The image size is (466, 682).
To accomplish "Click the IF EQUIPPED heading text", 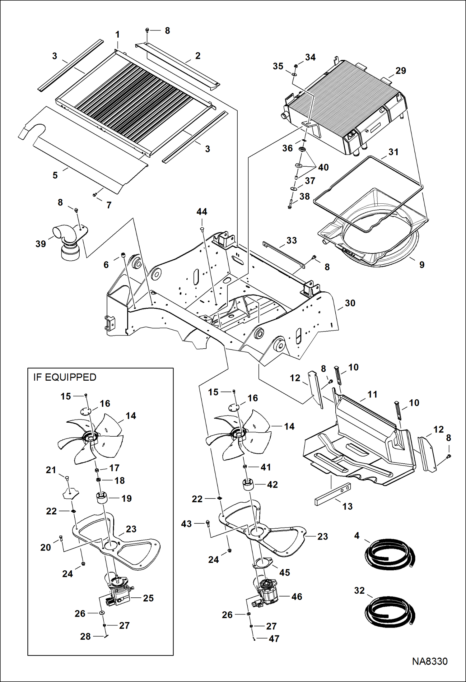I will click(x=65, y=377).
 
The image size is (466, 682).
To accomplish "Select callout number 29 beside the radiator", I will click(x=401, y=71).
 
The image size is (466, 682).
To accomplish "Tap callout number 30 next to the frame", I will click(x=350, y=303).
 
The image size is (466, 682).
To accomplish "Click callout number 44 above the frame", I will click(x=202, y=212).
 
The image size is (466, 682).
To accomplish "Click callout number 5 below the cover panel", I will click(x=55, y=175).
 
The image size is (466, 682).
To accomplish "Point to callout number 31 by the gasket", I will click(x=394, y=152).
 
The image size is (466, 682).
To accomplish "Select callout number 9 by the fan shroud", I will click(x=422, y=265).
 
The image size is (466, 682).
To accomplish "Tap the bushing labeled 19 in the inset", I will click(x=101, y=499).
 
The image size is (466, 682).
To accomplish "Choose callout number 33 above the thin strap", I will click(x=291, y=240).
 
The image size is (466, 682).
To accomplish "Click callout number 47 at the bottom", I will click(x=274, y=638).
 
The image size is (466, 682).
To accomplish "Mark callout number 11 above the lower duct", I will click(x=372, y=394).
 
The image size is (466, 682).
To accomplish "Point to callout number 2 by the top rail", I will click(x=198, y=56).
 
